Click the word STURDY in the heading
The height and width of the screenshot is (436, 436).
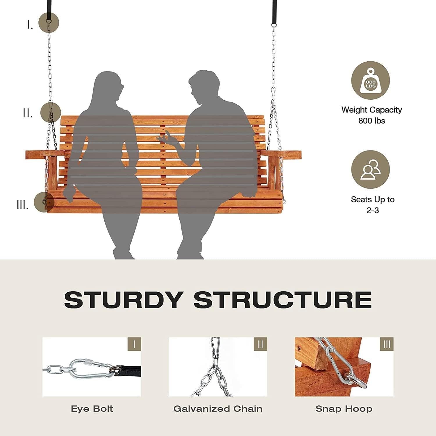click(x=124, y=300)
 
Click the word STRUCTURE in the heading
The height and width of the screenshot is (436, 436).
click(x=283, y=300)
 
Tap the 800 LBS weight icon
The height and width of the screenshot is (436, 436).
click(x=370, y=81)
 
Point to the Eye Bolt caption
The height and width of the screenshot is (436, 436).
click(x=92, y=409)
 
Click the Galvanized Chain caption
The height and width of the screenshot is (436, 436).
click(x=218, y=409)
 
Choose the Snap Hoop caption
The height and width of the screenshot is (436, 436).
click(x=344, y=409)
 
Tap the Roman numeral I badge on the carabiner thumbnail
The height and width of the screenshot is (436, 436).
click(x=134, y=344)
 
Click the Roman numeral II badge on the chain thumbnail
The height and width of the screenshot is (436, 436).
click(x=260, y=344)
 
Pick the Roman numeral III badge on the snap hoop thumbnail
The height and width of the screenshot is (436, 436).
click(x=387, y=344)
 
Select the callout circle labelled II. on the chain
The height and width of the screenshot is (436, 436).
click(x=51, y=112)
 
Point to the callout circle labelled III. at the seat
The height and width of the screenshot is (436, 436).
click(x=44, y=202)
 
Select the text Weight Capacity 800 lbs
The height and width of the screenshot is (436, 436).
click(x=371, y=115)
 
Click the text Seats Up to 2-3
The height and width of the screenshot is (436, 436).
click(x=372, y=205)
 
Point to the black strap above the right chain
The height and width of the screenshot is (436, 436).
click(x=274, y=12)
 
